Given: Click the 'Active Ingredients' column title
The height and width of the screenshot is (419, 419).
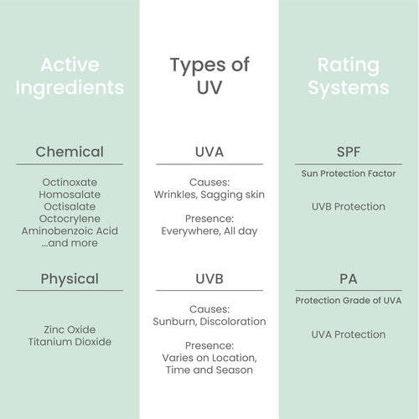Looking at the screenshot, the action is click(70, 76).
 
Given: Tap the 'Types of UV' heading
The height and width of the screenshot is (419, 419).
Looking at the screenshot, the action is click(209, 75).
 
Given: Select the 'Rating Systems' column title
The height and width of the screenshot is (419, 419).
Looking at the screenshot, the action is click(349, 76).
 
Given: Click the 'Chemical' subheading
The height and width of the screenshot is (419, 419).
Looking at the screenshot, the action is click(70, 152).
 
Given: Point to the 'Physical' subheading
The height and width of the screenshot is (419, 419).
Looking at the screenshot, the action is click(70, 279).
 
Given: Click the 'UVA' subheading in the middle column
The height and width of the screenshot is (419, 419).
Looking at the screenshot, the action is click(209, 152).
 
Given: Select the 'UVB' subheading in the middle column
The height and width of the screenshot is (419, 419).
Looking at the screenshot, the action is click(209, 279).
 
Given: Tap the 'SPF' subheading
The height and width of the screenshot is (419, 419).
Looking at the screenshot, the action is click(349, 152).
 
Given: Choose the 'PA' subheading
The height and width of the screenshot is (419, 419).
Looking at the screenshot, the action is click(349, 279).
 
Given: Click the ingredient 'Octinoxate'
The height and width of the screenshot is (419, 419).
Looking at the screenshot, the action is click(70, 183).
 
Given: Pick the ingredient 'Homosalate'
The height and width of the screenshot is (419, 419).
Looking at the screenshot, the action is click(70, 194).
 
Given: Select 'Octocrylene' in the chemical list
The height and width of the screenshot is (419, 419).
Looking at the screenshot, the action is click(70, 219).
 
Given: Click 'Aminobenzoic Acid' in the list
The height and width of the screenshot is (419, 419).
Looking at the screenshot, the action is click(70, 231).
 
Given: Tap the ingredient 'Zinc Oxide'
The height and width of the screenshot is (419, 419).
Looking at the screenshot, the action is click(70, 329).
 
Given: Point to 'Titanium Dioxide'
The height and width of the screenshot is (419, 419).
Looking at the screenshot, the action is click(70, 342).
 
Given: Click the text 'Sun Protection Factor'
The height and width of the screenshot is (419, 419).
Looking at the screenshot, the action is click(349, 173).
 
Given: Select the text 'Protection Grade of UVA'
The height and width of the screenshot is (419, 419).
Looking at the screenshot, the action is click(349, 300).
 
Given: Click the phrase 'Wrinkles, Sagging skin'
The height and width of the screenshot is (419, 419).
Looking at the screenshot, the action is click(209, 194).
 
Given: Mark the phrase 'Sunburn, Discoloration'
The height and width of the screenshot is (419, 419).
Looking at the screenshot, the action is click(209, 322).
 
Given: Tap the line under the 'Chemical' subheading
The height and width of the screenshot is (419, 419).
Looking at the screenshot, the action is click(70, 164).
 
